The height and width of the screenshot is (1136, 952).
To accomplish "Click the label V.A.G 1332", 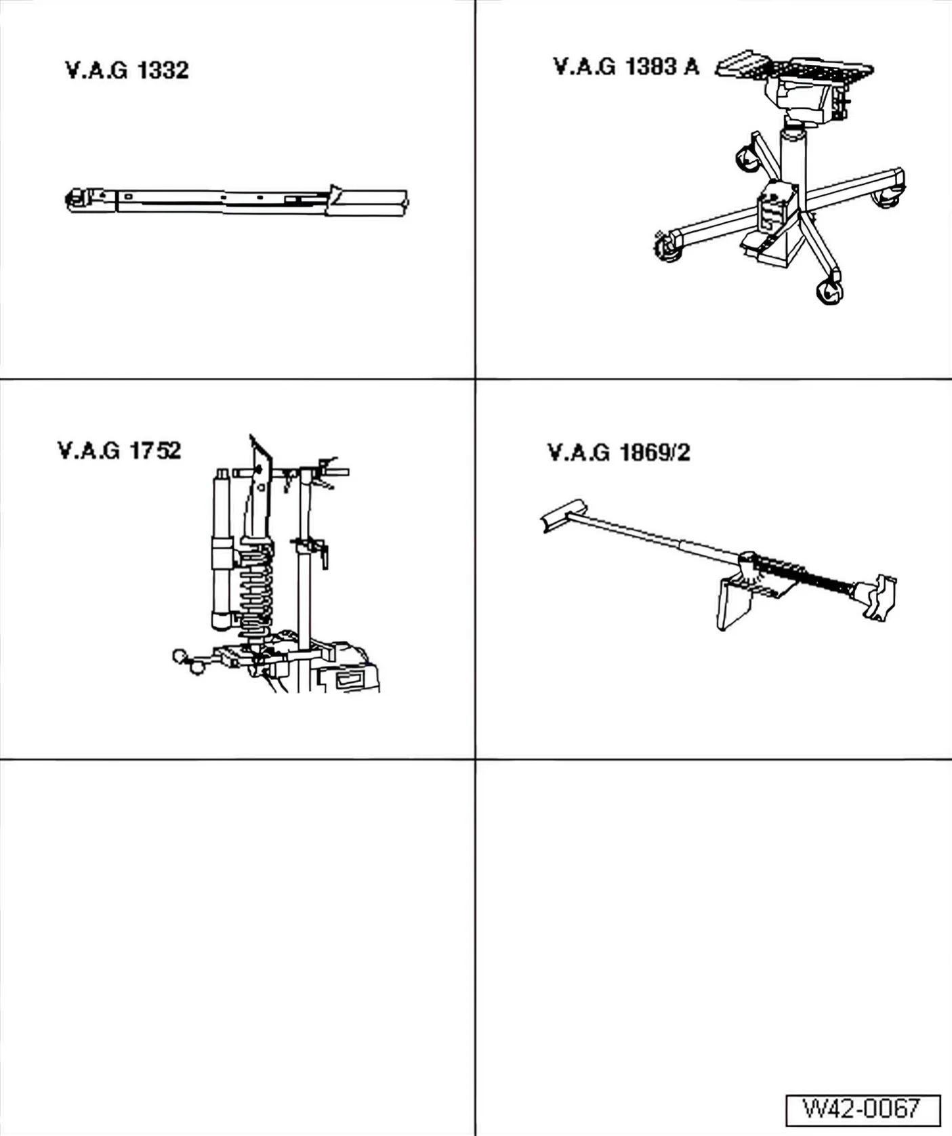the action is click(x=127, y=70).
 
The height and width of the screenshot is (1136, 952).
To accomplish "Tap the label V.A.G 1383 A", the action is click(x=626, y=66).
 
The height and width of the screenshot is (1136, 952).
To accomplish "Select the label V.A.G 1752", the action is click(x=119, y=450).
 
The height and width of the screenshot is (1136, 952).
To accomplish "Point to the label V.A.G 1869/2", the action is click(x=619, y=452).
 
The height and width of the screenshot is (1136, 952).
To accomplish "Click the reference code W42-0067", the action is click(x=863, y=1109).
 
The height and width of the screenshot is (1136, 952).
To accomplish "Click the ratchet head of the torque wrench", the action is click(x=80, y=200).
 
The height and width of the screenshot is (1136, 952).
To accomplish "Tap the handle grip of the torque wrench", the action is click(x=368, y=203).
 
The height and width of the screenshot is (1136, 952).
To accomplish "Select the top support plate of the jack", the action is click(x=794, y=66).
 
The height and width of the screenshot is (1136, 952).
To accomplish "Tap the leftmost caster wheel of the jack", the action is click(x=668, y=245).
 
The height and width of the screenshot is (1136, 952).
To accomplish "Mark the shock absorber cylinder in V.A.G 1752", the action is click(x=222, y=549).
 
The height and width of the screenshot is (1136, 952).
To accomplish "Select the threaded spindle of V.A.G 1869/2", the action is click(x=806, y=576).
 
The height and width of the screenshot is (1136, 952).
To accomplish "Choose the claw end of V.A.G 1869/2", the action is click(x=877, y=597).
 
